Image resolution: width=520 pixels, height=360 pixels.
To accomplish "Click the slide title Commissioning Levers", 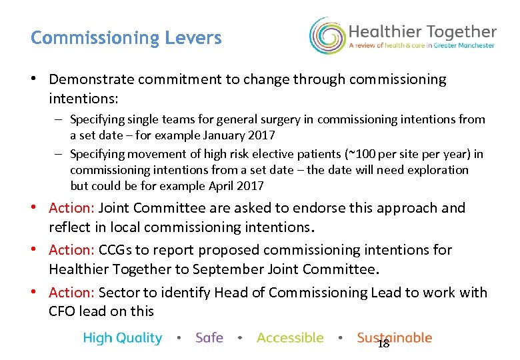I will [x=126, y=38].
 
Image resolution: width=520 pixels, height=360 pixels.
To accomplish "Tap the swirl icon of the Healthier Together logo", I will [x=326, y=35].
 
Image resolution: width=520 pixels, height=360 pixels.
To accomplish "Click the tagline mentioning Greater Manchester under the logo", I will [x=422, y=46].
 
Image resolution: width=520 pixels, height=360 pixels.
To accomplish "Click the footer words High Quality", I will [x=123, y=338].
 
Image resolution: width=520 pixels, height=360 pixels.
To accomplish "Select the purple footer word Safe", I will [x=209, y=338].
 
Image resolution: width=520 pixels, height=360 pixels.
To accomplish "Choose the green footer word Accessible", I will [x=290, y=338].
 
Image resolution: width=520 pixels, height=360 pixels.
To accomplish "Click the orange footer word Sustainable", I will [x=394, y=338].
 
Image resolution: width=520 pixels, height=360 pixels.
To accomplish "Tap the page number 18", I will [x=383, y=344].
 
